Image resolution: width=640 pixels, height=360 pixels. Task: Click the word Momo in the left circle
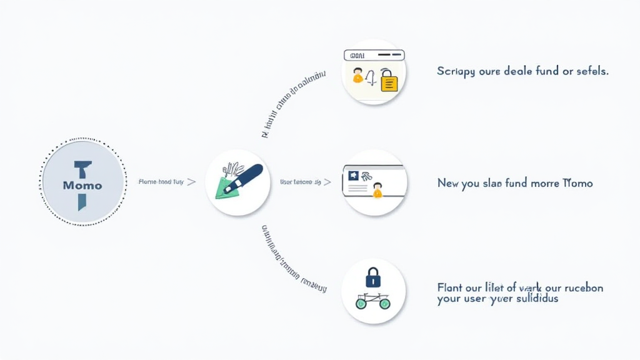coord(82,186)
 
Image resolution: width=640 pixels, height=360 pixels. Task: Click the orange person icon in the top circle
coord(357,76)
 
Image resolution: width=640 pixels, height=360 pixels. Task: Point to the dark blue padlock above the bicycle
coord(373,277)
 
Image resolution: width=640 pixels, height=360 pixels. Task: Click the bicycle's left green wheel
coord(361,303)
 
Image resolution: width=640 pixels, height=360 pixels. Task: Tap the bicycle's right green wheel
coord(384,303)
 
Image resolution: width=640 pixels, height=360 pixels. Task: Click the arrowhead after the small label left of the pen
coord(191,182)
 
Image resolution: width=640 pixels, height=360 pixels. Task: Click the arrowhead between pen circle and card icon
coord(327,182)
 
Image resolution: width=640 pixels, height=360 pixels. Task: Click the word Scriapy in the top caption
coord(456,71)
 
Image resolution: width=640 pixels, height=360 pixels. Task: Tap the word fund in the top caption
coord(547,71)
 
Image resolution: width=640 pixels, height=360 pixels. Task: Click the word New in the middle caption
coord(448,183)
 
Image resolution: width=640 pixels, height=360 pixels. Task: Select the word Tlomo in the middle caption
coord(577,183)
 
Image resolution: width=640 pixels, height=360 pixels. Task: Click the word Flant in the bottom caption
coord(450,287)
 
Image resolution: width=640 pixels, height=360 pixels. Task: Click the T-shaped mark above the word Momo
coord(82,168)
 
